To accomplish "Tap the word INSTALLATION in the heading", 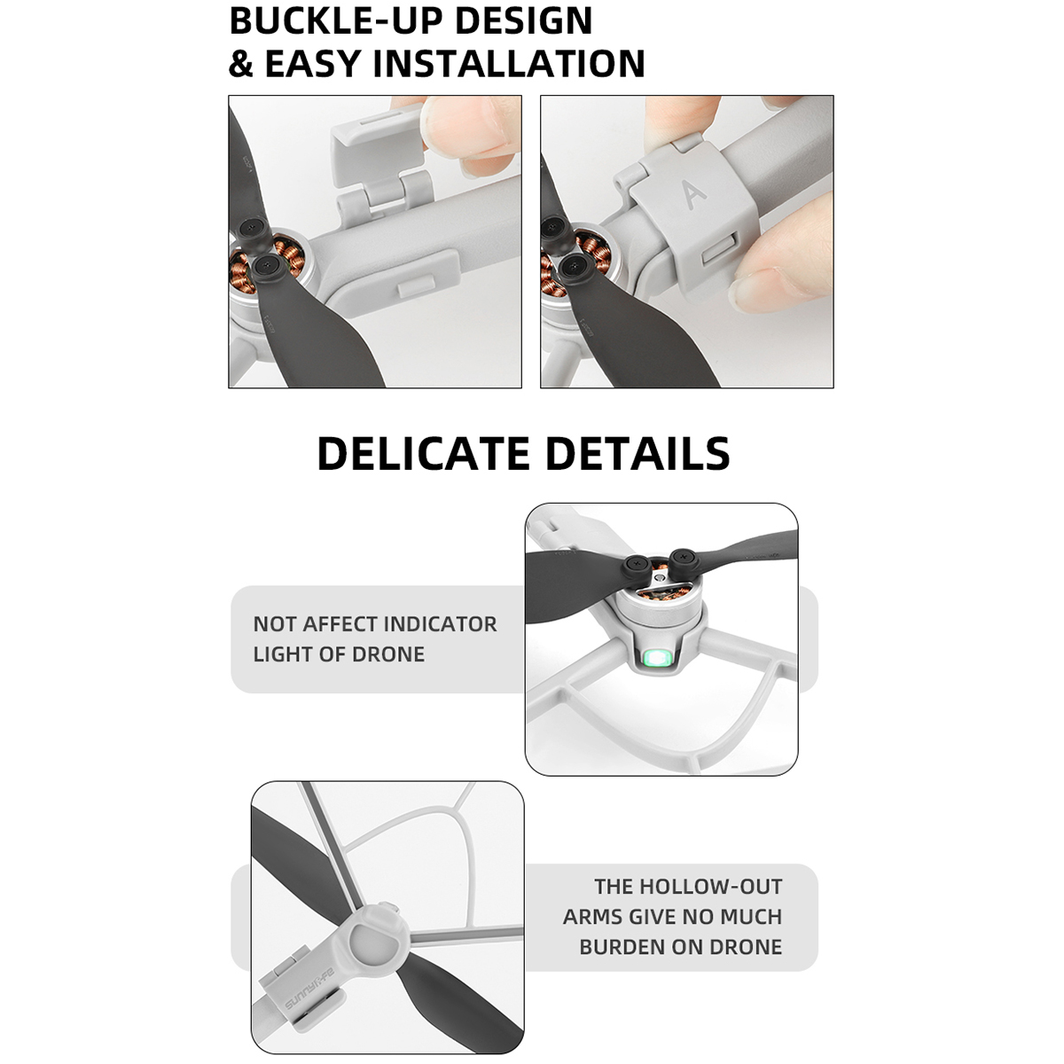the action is [509, 64].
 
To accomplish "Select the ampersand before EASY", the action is [241, 64].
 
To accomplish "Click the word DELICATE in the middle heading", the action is [423, 453].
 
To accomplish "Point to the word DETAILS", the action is [638, 453].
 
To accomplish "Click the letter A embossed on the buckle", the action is [693, 195].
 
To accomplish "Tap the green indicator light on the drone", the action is [656, 659].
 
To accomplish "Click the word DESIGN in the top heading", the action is [523, 20].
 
